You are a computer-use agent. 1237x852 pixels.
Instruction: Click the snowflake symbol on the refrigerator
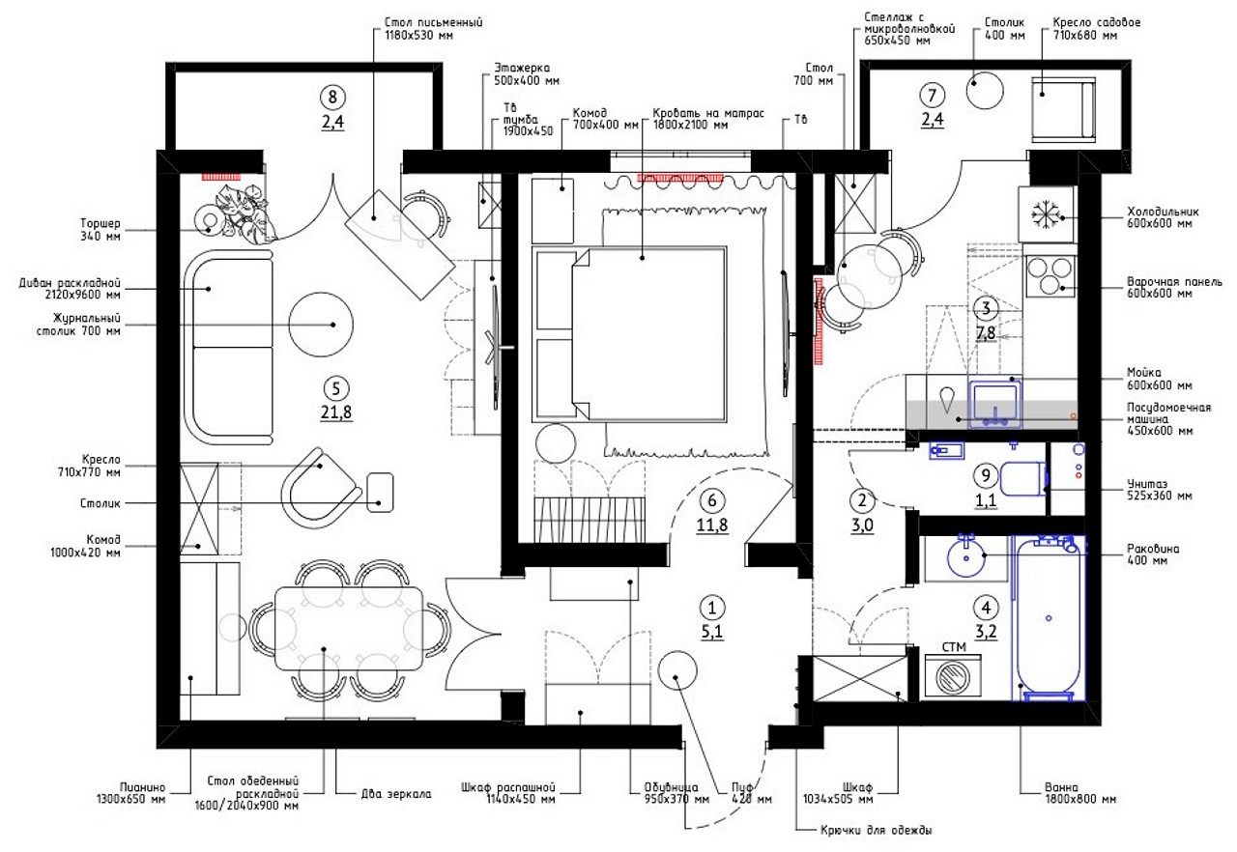pos(1046,214)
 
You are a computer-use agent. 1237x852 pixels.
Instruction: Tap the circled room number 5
pos(335,388)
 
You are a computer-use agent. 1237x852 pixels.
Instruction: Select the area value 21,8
pos(335,412)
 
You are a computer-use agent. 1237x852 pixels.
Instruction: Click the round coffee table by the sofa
pos(321,325)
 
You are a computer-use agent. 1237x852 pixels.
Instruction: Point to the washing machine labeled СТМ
pos(953,675)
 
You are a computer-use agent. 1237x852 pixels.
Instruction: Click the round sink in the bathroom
pos(965,557)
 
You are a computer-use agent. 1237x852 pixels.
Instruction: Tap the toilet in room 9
pos(1022,479)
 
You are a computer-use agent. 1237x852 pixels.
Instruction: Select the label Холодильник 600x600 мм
pos(1163,217)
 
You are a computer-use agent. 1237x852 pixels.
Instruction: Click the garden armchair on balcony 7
pos(1063,110)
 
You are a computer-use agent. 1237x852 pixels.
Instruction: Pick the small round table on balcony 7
pos(985,91)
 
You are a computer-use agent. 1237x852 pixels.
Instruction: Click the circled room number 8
pos(332,98)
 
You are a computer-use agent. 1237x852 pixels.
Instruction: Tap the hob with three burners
pos(1050,275)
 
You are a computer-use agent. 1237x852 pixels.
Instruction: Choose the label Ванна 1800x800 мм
pos(1080,793)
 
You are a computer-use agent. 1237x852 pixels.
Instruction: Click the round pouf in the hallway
pos(677,669)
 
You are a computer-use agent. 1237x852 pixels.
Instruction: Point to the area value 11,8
pos(712,525)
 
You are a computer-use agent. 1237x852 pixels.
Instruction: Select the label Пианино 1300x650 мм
pos(130,793)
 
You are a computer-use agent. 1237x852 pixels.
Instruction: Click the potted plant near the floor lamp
pos(242,211)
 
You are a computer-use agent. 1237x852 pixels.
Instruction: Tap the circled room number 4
pos(986,609)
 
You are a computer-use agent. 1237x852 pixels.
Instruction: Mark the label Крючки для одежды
pos(876,830)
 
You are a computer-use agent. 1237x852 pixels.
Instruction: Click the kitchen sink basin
pos(994,402)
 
